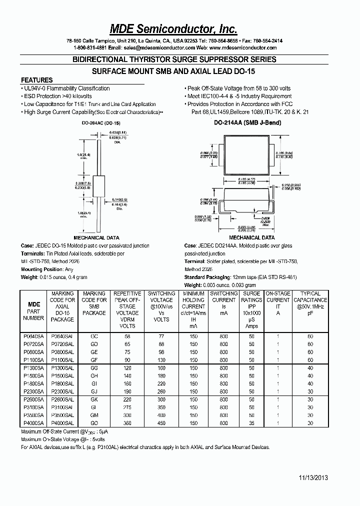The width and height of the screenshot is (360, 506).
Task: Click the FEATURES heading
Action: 36,80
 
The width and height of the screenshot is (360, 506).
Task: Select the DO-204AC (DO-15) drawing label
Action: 100,122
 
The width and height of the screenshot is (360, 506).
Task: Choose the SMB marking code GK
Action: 94,400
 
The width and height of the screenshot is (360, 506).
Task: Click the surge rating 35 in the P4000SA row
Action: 251,423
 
